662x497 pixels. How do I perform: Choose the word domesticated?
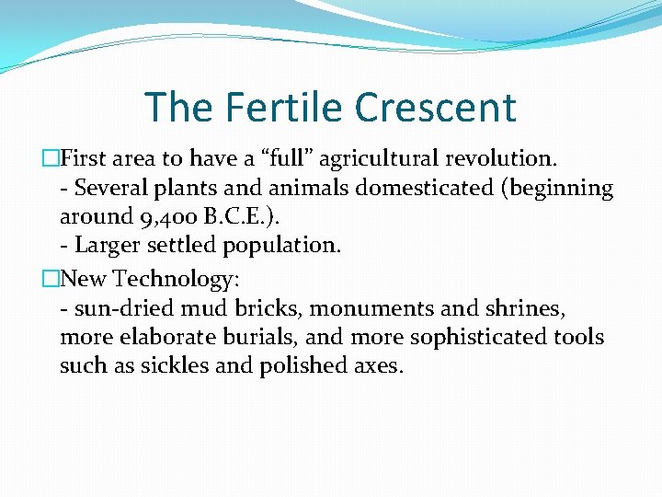[x=414, y=188]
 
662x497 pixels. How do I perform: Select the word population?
[x=288, y=246]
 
